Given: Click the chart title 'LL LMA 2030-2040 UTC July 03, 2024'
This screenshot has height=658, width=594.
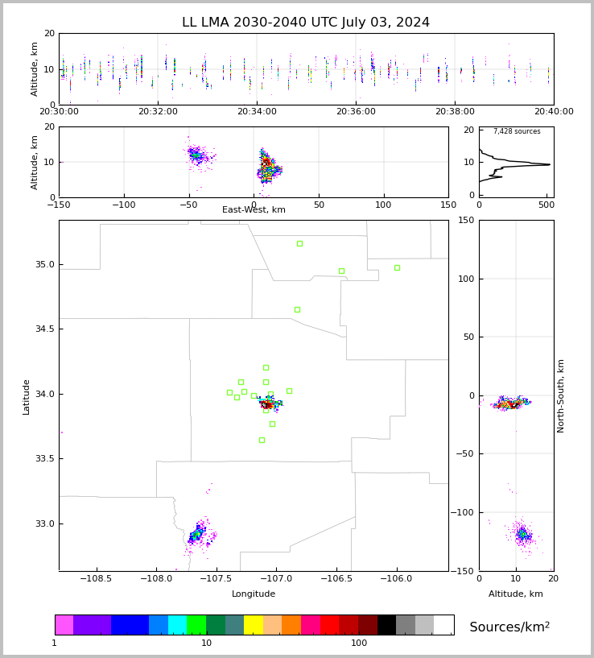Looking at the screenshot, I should click(x=306, y=23).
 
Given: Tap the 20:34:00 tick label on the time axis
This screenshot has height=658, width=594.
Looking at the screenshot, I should click(x=257, y=112).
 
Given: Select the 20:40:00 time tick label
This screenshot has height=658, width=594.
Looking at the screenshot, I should click(x=553, y=112).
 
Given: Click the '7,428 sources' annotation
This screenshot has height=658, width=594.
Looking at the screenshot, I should click(x=517, y=131).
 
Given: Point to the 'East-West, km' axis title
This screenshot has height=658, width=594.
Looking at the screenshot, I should click(x=254, y=210).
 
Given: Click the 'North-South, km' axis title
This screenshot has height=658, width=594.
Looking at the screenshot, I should click(x=561, y=395).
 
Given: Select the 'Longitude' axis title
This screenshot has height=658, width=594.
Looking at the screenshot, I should click(x=254, y=594).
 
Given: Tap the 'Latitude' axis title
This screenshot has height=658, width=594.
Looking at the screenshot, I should click(x=27, y=395).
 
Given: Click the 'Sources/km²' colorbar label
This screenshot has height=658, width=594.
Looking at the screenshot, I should click(x=509, y=627).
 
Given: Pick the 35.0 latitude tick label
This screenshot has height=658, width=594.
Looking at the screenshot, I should click(x=44, y=265).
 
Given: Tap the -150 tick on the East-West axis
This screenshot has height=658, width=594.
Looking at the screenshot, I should click(x=59, y=205).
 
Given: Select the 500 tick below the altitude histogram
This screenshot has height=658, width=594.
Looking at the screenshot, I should click(x=546, y=205).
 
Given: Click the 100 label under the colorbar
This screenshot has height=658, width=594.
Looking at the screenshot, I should click(x=359, y=643).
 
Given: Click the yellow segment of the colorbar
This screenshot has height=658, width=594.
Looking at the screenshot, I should click(x=254, y=625).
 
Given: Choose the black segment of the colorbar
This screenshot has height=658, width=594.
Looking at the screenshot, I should click(x=386, y=625).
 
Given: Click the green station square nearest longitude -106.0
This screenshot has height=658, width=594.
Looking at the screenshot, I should click(x=397, y=267).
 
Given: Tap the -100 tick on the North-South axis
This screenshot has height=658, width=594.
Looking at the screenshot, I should click(x=464, y=512).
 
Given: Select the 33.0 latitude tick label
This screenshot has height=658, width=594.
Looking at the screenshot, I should click(x=44, y=524).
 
